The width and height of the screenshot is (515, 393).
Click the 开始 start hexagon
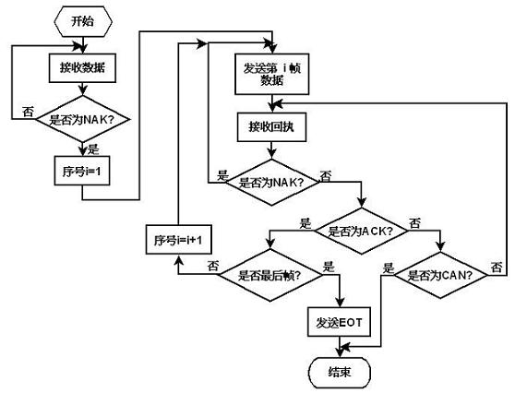tap(83, 21)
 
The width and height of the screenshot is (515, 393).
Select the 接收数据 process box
tap(82, 68)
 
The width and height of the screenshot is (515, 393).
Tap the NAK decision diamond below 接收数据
tap(83, 119)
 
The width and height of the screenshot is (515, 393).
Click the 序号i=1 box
tap(82, 171)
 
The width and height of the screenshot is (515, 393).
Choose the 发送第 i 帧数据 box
tap(272, 74)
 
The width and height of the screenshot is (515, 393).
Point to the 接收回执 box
tap(271, 127)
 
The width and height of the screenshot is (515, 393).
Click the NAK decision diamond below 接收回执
tap(271, 183)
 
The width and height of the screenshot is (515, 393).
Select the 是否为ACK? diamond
tap(361, 231)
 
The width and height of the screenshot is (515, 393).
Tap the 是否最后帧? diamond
tap(270, 275)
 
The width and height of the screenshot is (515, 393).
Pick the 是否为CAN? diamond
tap(440, 275)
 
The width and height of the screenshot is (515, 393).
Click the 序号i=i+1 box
tap(179, 239)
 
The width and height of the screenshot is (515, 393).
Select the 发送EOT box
tap(340, 322)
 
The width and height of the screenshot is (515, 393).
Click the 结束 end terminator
tap(340, 373)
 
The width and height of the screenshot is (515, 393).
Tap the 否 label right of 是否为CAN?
tap(497, 267)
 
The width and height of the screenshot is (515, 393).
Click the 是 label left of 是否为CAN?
tap(389, 268)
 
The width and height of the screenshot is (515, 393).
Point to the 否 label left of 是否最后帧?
tap(213, 266)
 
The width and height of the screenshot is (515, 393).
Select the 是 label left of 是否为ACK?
tap(305, 223)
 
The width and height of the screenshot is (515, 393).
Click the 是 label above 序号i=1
tap(93, 149)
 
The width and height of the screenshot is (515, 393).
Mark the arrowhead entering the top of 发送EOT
tap(340, 303)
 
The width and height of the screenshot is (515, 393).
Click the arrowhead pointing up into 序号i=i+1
tap(178, 260)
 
